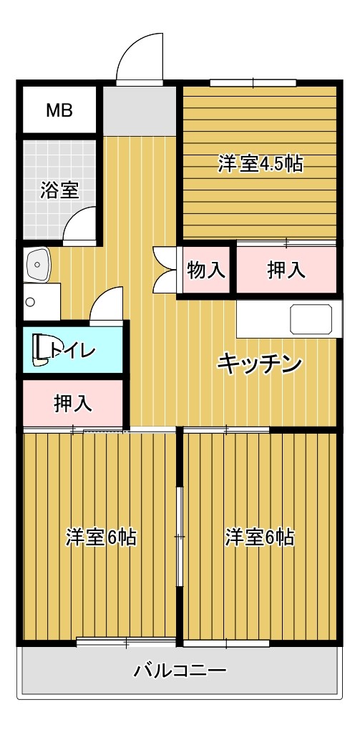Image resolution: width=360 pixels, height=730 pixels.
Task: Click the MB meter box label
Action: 59,111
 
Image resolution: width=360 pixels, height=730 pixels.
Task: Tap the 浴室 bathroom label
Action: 59,190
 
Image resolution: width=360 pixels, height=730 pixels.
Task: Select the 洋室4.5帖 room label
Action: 261,164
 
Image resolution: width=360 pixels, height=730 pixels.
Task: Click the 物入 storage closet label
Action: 206,270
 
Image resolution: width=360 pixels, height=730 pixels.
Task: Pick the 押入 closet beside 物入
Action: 286,270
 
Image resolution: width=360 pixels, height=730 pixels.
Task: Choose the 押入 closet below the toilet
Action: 73,404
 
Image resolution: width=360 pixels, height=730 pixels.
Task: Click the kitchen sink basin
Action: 311,319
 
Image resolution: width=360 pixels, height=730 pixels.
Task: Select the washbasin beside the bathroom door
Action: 37,264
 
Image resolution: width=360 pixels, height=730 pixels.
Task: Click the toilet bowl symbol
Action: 40,350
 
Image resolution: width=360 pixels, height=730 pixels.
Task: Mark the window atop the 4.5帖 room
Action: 253,83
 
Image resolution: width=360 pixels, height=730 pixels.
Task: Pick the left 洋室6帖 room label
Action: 101,537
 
